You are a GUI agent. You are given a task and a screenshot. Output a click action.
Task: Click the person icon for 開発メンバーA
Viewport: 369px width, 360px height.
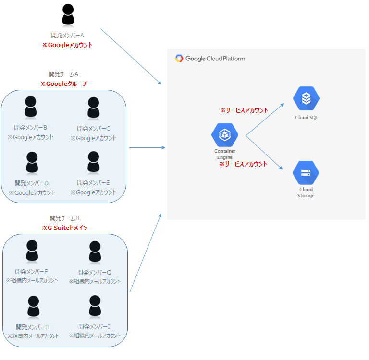[x=68, y=15]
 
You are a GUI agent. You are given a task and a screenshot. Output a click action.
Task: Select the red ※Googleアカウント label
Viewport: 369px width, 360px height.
[x=67, y=45]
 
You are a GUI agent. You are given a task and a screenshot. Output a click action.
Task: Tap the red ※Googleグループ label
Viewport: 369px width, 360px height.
[x=63, y=84]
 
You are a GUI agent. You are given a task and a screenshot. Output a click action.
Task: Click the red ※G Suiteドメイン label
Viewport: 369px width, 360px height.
[x=64, y=228]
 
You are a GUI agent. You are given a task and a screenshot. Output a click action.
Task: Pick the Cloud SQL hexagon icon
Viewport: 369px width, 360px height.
[x=306, y=99]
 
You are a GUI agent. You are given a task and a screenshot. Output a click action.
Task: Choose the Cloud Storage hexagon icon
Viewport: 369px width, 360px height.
[x=306, y=173]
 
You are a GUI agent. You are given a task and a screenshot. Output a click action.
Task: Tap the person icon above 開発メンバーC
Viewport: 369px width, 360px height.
[x=94, y=108]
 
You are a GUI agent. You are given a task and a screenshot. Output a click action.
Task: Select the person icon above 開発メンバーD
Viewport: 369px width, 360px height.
[x=32, y=163]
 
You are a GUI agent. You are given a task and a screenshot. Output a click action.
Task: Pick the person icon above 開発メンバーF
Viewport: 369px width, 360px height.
[x=32, y=251]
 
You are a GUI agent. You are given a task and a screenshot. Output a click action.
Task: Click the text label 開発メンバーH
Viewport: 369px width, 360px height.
[x=33, y=327]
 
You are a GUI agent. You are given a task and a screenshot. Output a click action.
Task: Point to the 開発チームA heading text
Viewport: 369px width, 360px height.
[x=63, y=74]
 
